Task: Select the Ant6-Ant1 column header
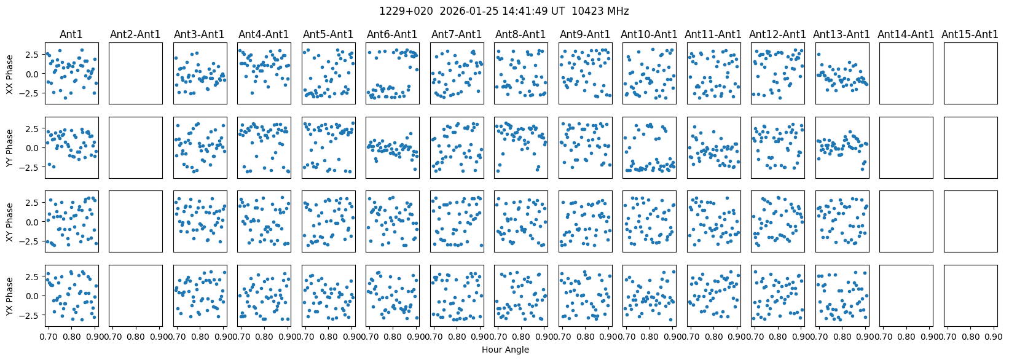[392, 34]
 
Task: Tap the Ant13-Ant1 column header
[842, 34]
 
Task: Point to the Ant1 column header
[71, 34]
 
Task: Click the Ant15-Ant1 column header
[970, 34]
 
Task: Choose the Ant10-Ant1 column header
[649, 34]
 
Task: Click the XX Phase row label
[10, 73]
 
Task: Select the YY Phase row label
[10, 147]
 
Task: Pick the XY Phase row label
[10, 221]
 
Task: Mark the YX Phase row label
[10, 295]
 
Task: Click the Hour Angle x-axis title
[505, 350]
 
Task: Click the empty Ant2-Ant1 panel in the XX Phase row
[136, 73]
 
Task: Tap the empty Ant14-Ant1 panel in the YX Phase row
[906, 295]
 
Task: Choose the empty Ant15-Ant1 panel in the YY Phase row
[970, 147]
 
